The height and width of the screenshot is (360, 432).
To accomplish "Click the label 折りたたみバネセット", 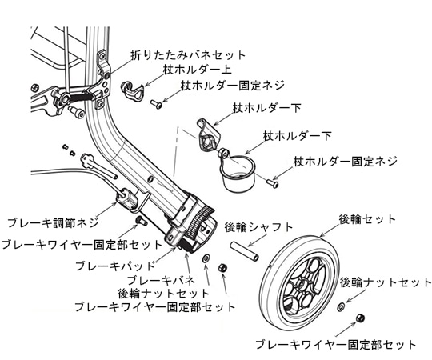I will point(189,54).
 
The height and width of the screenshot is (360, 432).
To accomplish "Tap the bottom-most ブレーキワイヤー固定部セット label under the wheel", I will point(334,345).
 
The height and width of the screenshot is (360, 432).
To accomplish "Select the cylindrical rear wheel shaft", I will point(246,246).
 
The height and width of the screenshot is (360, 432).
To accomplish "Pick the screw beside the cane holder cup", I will point(273,183).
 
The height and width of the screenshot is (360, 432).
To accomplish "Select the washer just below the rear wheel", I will point(341,306).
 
